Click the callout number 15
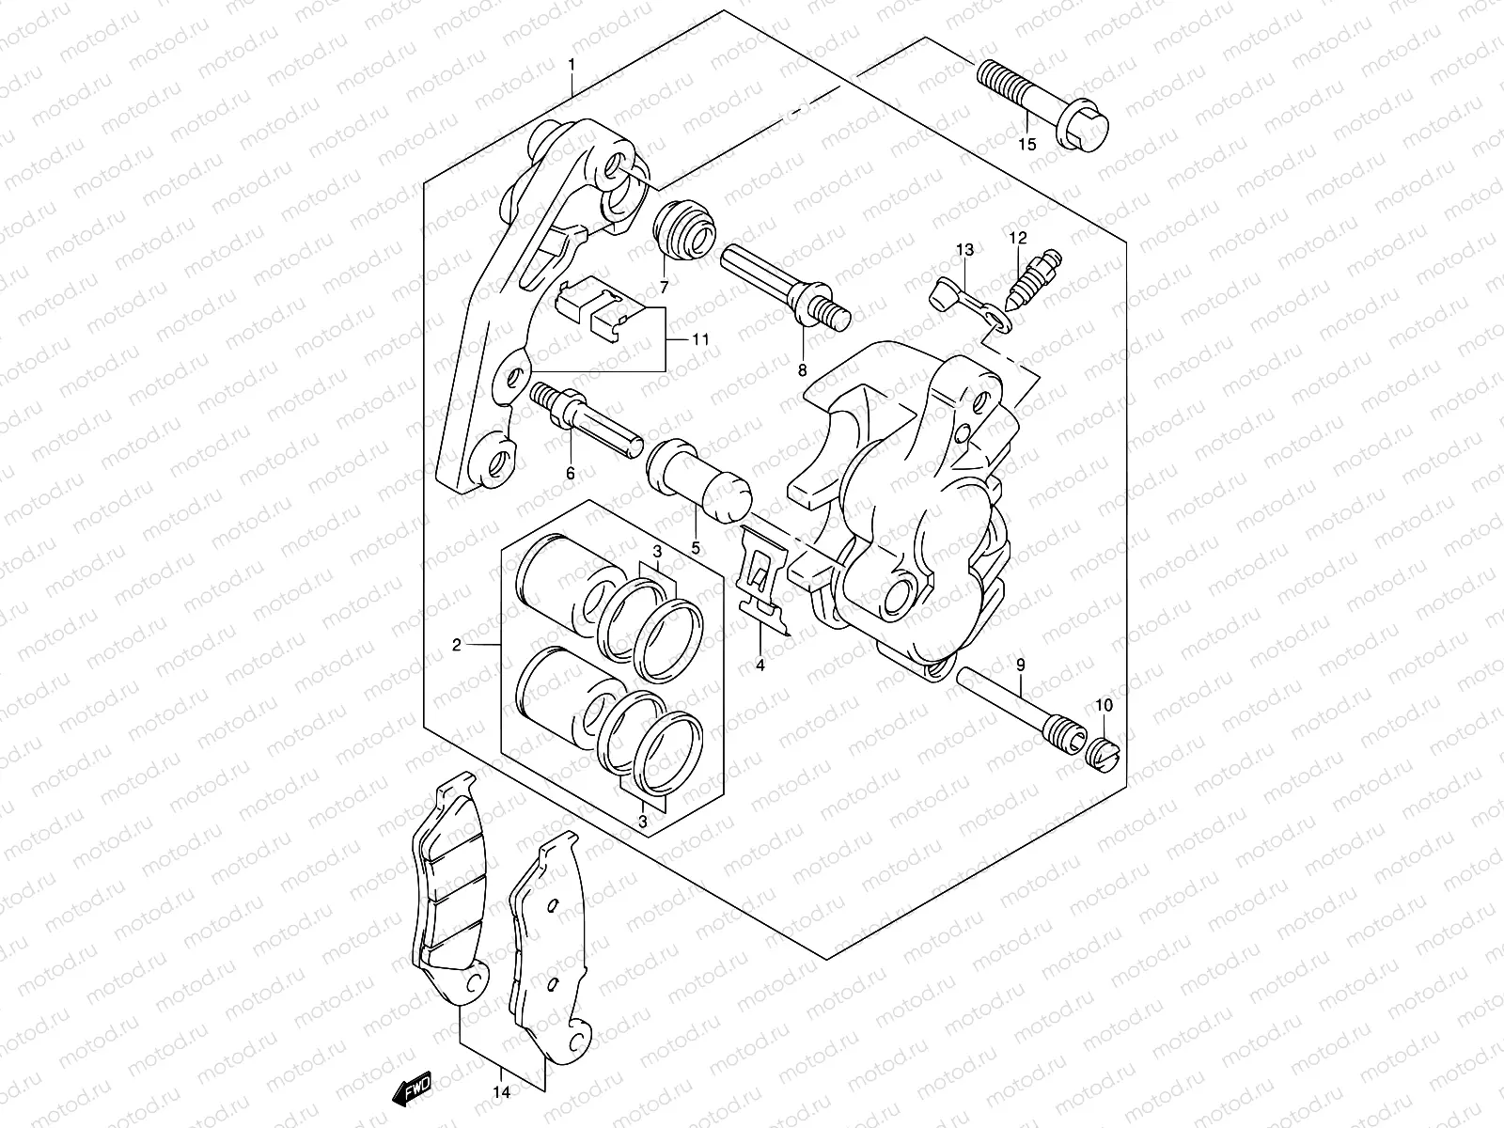(x=1026, y=145)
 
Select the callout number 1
(x=571, y=64)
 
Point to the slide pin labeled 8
(x=785, y=278)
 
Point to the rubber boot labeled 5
(x=699, y=478)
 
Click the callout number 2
(x=457, y=645)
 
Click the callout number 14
(x=502, y=1092)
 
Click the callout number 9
(x=1020, y=666)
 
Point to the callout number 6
(x=570, y=473)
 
